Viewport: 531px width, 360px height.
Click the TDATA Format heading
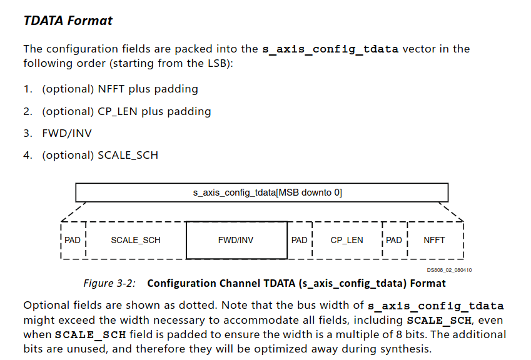68,21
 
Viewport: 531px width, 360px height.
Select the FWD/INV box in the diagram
236,240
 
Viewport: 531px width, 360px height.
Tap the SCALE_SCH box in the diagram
136,240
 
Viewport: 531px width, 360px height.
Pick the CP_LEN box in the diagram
347,240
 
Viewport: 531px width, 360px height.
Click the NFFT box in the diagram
435,240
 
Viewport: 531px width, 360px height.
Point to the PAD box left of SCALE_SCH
73,240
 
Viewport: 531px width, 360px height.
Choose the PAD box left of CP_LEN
300,240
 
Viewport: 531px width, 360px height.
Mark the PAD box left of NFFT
395,240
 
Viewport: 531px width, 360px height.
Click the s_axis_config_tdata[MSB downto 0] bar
262,192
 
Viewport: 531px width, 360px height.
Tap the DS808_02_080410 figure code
449,270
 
